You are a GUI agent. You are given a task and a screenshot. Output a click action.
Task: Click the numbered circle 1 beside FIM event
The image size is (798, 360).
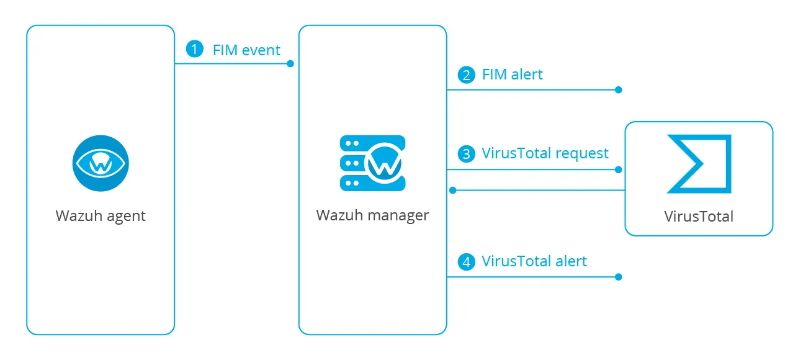[x=195, y=50]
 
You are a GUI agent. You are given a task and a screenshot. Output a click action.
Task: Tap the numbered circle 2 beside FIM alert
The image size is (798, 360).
[x=465, y=75]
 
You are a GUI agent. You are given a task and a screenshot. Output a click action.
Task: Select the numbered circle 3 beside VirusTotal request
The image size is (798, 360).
[x=465, y=153]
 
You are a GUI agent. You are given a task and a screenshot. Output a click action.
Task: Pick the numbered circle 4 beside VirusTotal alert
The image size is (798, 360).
[x=465, y=261]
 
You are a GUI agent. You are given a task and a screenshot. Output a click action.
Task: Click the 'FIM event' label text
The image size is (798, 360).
[x=246, y=50]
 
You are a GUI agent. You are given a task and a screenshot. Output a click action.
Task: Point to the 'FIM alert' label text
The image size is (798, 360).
[x=512, y=75]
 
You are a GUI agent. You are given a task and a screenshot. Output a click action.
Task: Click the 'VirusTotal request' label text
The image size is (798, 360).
[x=545, y=153]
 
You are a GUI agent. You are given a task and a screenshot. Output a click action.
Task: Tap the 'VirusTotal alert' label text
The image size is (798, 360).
[x=534, y=261]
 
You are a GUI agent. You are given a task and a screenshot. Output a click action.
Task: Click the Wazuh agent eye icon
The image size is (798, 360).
[x=100, y=163]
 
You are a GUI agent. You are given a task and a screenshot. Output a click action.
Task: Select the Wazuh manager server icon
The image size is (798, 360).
[x=372, y=163]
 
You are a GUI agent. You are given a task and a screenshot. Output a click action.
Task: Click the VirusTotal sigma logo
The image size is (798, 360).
[x=699, y=164]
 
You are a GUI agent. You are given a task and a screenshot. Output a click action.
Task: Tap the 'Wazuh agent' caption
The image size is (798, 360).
[x=101, y=216]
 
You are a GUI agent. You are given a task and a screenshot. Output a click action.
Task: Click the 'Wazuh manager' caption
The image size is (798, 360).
[x=372, y=215]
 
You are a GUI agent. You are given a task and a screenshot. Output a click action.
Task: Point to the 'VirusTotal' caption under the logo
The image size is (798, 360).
[x=699, y=217]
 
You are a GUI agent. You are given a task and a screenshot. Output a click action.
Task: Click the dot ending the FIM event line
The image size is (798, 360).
[x=290, y=64]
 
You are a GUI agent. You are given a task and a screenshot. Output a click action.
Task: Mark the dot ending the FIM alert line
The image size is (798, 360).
[x=618, y=90]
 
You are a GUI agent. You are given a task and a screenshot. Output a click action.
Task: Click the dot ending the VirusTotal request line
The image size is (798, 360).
[x=618, y=169]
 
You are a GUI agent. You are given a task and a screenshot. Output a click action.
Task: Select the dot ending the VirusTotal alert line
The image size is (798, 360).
[x=618, y=277]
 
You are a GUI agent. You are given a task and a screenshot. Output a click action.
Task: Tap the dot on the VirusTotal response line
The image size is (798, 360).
[x=454, y=190]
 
